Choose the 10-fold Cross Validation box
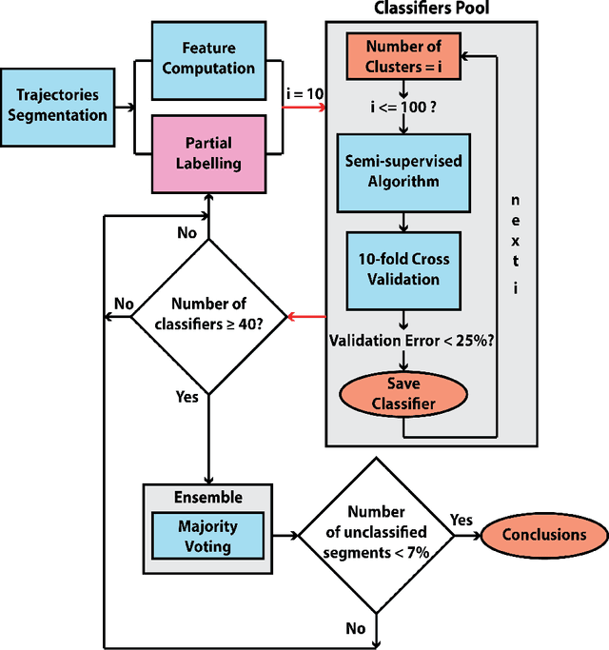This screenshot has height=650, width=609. tap(403, 268)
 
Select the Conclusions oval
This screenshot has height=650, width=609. tap(544, 535)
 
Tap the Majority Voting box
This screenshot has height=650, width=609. tap(207, 535)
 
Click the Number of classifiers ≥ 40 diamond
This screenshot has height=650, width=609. tap(208, 316)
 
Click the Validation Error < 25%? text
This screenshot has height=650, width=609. tap(409, 339)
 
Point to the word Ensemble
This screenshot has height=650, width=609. tap(207, 497)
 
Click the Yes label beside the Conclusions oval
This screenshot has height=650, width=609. tap(460, 521)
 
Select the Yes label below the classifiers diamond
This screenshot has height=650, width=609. tap(187, 396)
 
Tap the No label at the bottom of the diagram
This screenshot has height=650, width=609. tap(355, 628)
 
